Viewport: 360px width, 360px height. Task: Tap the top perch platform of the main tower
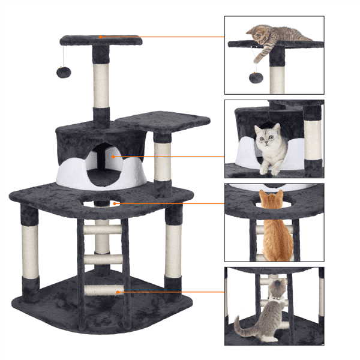pyautogui.click(x=120, y=41)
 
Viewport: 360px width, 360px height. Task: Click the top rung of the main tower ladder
pyautogui.click(x=101, y=230)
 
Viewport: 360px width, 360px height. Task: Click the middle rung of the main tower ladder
pyautogui.click(x=101, y=259)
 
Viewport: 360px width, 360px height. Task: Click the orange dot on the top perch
pyautogui.click(x=101, y=37)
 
